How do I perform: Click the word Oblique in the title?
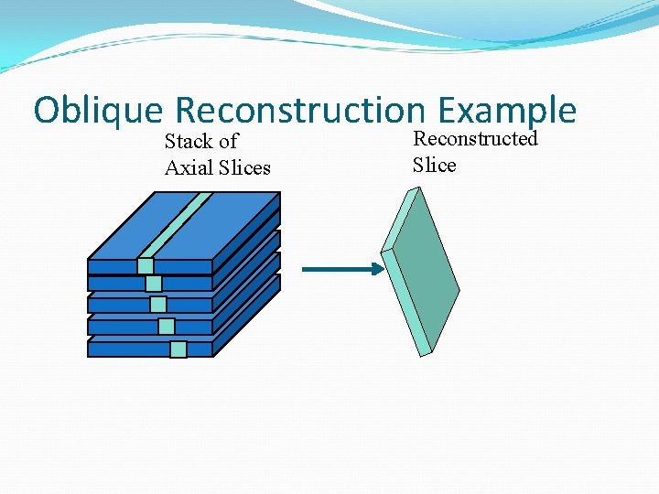pos(98,111)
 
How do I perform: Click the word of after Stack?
pos(228,142)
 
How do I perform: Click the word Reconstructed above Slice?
pos(475,139)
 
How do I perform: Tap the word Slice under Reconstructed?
pos(434,165)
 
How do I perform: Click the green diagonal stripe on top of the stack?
pos(179,224)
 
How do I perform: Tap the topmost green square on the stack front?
pos(145,266)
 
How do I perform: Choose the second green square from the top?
pos(153,284)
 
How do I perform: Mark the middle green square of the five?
pos(158,305)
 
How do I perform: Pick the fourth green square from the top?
pos(166,326)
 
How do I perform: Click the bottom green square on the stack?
pos(178,349)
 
